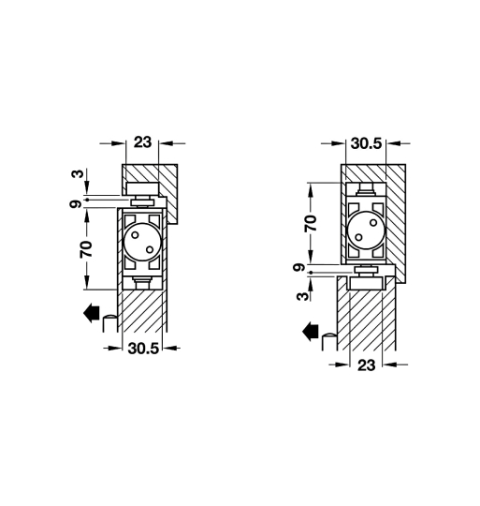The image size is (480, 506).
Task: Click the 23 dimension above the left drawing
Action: [142, 144]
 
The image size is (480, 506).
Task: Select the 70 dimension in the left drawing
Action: [85, 249]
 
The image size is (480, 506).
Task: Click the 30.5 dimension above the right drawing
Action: [364, 145]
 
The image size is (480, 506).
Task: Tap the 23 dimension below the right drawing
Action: [366, 366]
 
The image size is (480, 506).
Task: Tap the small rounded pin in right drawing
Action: [328, 344]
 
